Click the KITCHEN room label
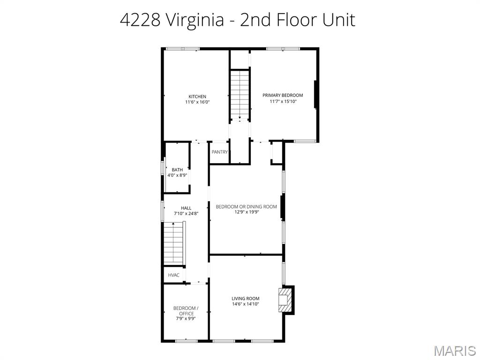coord(197,97)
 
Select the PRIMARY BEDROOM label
coord(283,95)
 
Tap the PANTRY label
coord(219,152)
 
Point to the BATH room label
coord(177,170)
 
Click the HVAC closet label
coord(173,275)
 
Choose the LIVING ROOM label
coord(245,299)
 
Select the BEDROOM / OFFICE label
coord(186,311)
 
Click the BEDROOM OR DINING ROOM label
coord(246,207)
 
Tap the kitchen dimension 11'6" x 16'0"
coord(197,102)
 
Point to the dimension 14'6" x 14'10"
coord(245,304)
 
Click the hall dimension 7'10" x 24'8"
coord(186,214)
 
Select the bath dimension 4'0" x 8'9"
coord(177,175)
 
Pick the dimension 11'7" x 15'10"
coord(283,101)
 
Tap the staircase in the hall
coord(174,243)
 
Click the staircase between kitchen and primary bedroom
coord(240,95)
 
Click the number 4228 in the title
coord(140,20)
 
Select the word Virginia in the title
coord(195,21)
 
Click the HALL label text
coord(186,208)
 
